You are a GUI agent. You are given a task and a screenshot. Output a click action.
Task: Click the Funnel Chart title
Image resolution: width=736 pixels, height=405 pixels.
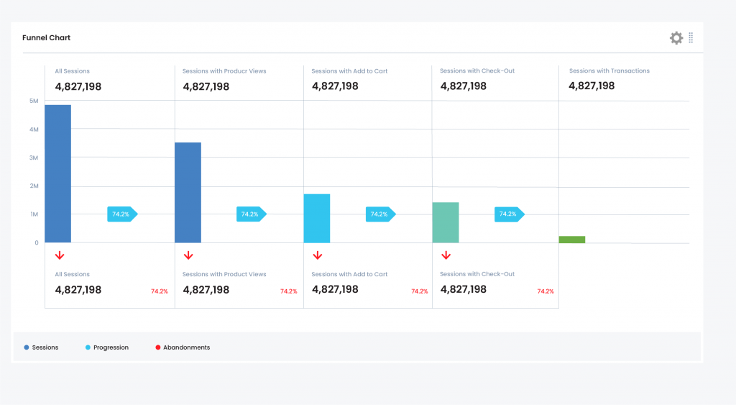click(x=46, y=37)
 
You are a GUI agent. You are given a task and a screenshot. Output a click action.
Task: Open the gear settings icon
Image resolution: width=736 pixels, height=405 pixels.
click(x=676, y=38)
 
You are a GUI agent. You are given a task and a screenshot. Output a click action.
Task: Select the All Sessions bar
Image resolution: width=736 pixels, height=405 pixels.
click(x=58, y=173)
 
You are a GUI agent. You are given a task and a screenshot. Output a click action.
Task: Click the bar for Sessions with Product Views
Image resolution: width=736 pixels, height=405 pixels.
click(x=188, y=192)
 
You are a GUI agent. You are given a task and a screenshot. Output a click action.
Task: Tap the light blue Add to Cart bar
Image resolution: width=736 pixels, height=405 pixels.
click(x=317, y=218)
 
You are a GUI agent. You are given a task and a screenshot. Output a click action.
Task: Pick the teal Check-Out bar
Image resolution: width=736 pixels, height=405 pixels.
click(x=446, y=222)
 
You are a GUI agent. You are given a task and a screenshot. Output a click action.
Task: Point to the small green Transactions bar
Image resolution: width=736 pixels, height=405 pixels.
click(x=572, y=240)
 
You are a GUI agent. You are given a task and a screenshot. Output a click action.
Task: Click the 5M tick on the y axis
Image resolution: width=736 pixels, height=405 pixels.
click(x=34, y=101)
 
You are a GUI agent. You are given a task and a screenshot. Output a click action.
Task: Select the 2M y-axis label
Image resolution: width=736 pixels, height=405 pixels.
click(x=34, y=186)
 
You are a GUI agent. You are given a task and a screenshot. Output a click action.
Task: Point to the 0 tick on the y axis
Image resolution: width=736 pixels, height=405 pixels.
click(x=36, y=242)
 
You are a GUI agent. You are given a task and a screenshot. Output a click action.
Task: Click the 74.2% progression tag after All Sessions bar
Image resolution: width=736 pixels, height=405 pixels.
click(x=121, y=214)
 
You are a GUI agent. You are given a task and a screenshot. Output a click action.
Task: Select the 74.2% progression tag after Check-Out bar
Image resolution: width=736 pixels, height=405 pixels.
click(x=508, y=214)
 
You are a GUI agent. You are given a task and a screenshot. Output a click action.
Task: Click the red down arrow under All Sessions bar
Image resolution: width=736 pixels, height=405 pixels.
click(x=60, y=255)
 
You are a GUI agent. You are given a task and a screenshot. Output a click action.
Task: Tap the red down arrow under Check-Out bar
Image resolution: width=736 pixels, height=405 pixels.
click(x=446, y=255)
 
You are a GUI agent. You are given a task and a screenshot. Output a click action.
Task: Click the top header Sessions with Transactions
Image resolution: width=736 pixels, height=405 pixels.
click(x=609, y=71)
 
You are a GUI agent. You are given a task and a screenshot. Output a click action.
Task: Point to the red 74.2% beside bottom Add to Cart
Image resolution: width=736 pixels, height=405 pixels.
click(x=419, y=291)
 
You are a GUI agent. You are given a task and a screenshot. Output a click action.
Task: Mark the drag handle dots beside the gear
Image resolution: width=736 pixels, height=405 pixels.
click(x=691, y=38)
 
